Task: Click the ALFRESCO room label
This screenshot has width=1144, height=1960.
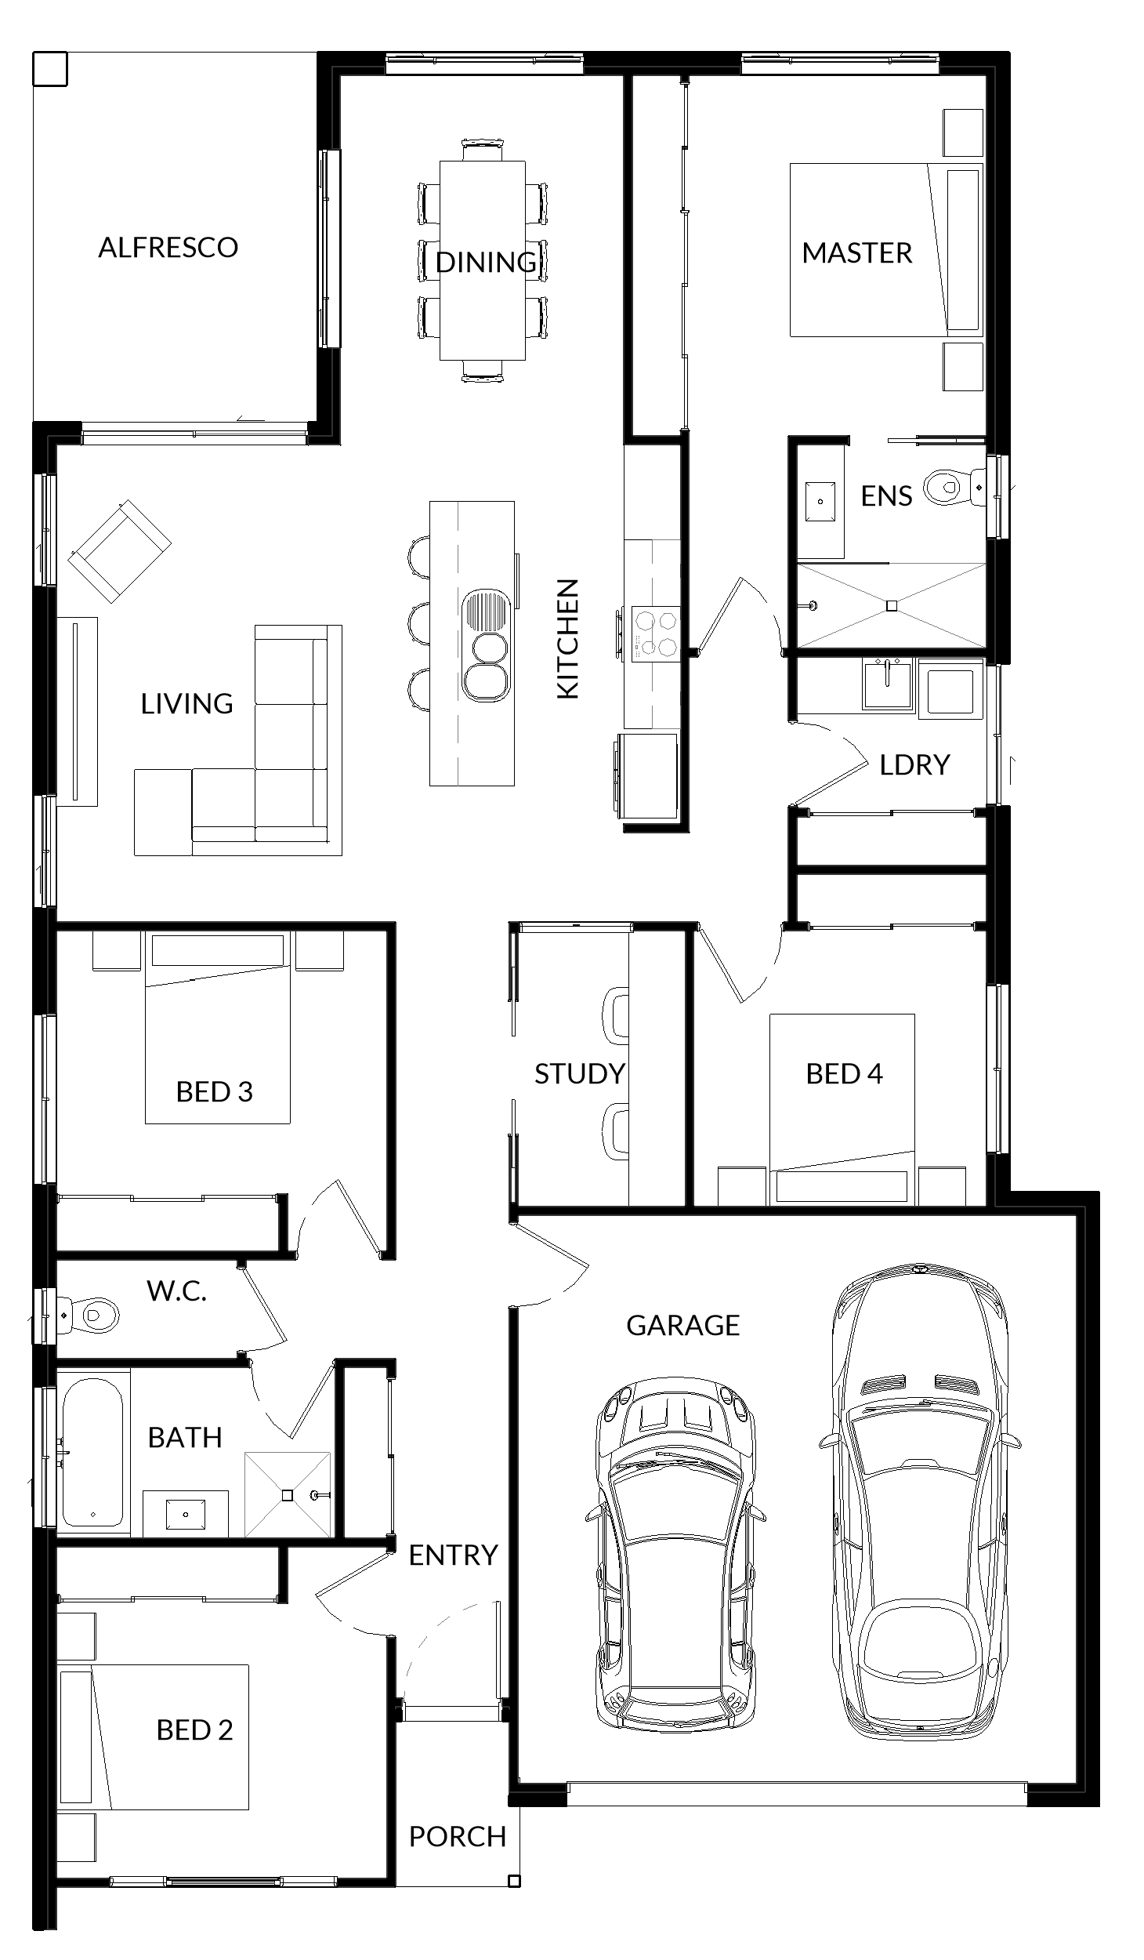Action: tap(168, 248)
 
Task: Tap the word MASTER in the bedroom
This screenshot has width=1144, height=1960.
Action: tap(857, 253)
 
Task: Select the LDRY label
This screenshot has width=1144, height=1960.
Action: tap(914, 764)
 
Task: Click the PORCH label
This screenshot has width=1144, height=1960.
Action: tap(458, 1836)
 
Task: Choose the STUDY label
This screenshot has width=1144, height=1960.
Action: tap(580, 1073)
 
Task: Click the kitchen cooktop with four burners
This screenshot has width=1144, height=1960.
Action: tap(655, 634)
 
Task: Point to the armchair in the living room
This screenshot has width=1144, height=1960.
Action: tap(120, 550)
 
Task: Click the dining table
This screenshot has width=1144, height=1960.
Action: tap(482, 260)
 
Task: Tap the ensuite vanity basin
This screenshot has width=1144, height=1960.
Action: tap(820, 501)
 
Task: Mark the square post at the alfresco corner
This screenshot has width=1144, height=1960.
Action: tap(50, 69)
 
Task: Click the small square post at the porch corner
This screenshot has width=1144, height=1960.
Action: tap(514, 1880)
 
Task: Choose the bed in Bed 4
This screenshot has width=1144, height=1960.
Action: tap(842, 1109)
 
